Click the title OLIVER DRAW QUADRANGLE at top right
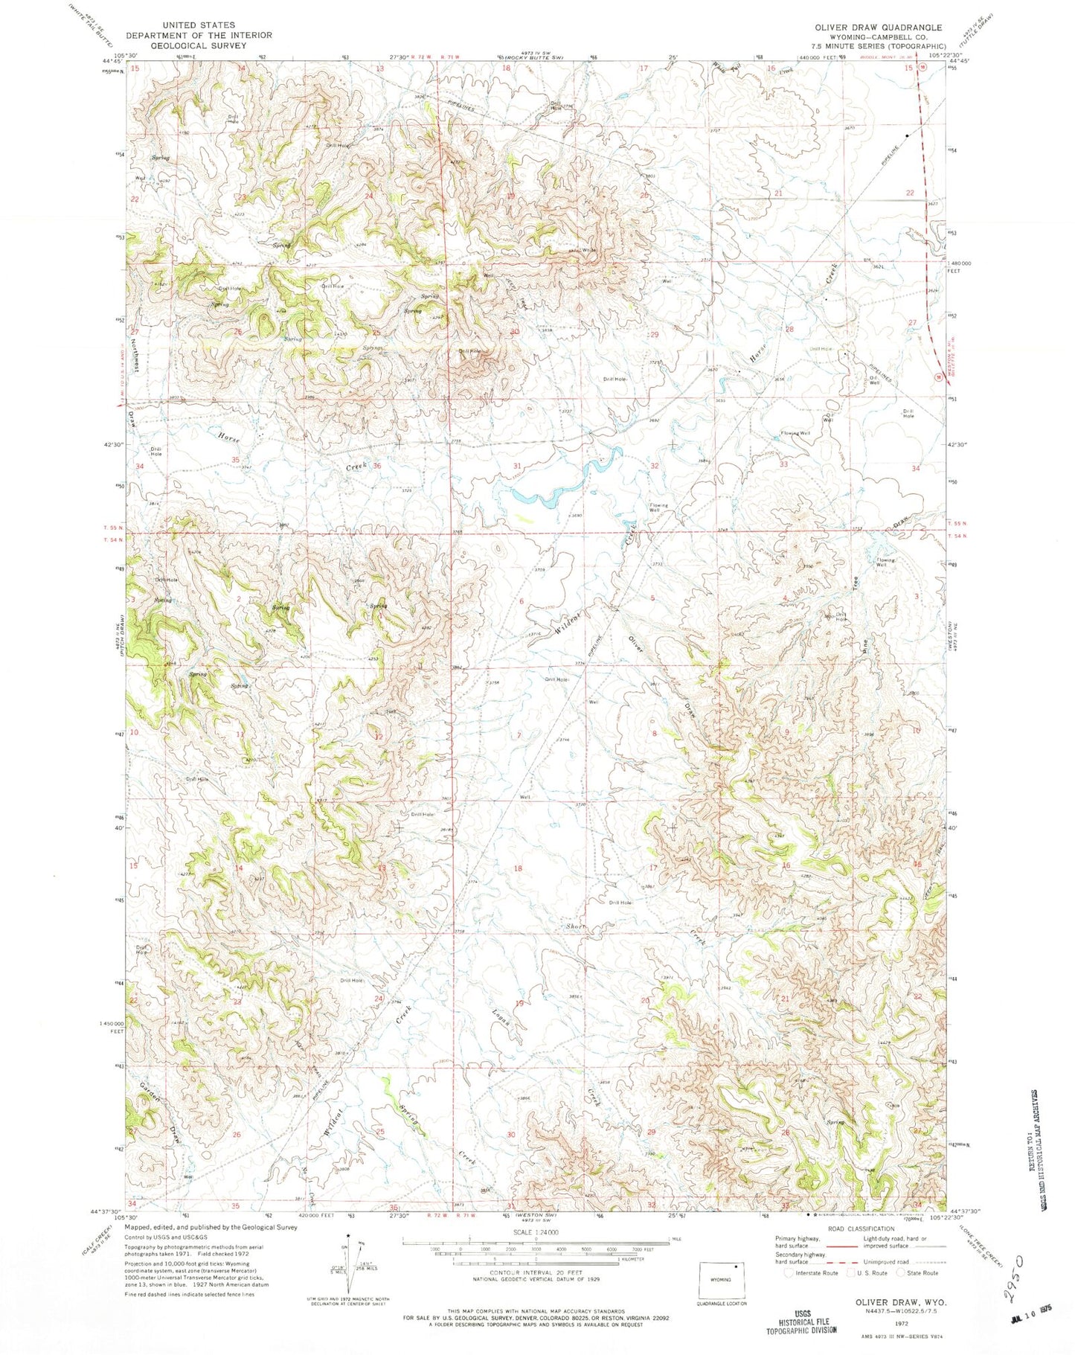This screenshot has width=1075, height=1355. click(x=878, y=28)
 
